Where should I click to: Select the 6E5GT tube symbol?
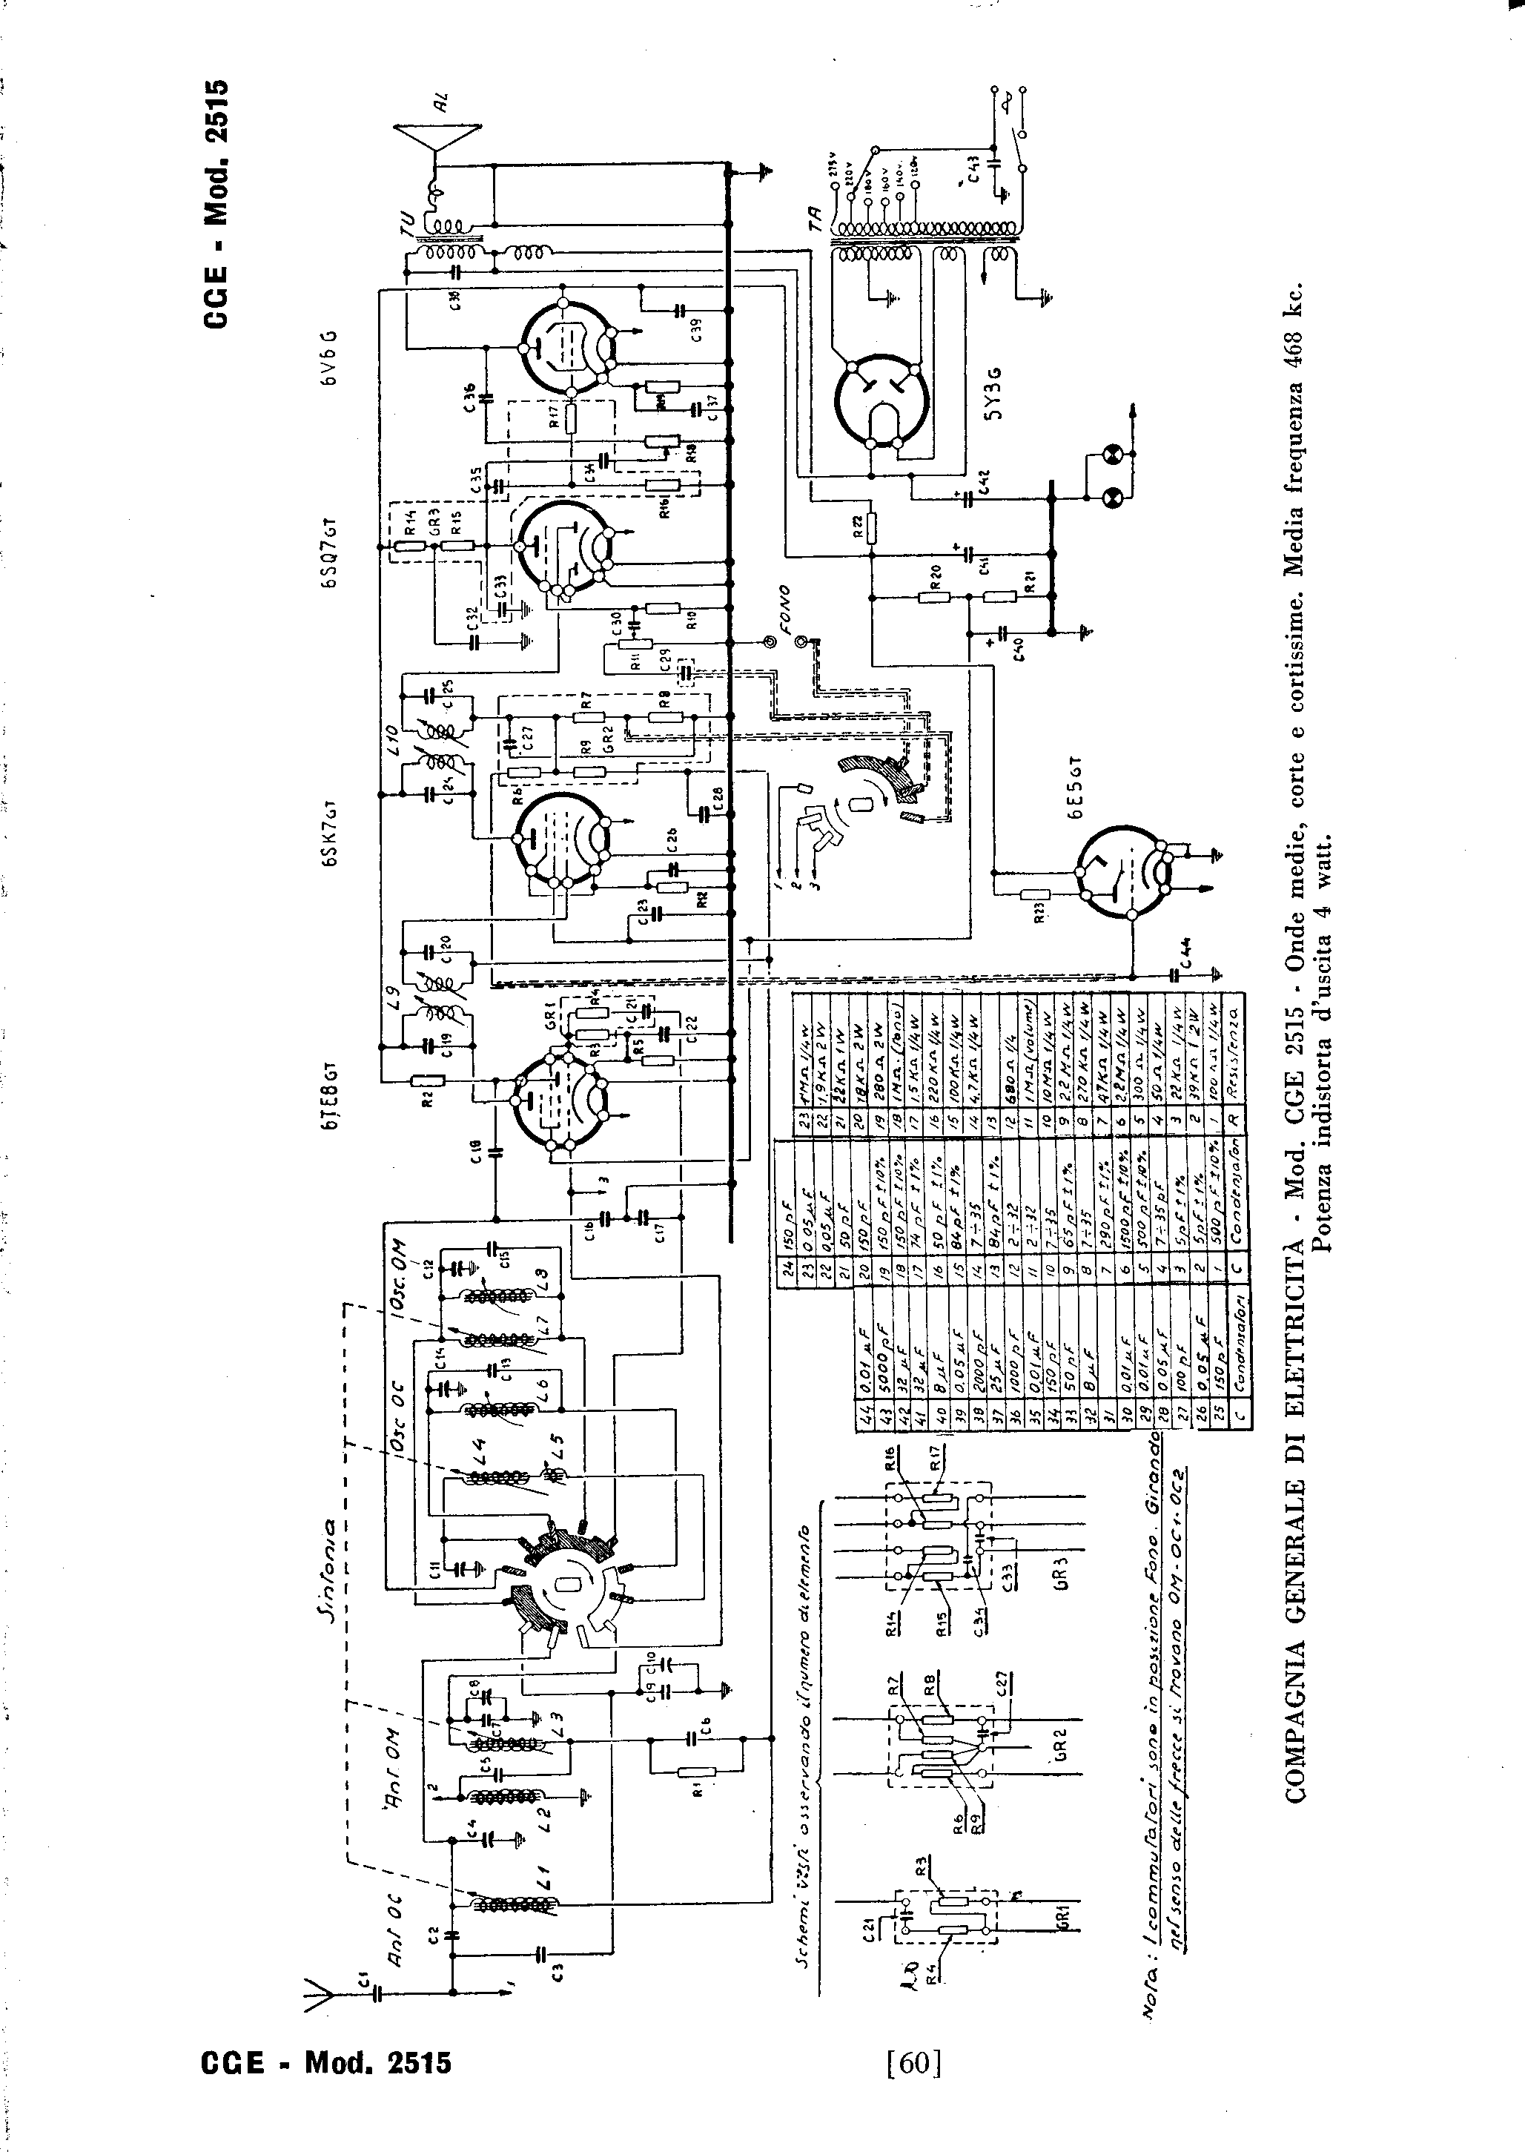(x=1123, y=871)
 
